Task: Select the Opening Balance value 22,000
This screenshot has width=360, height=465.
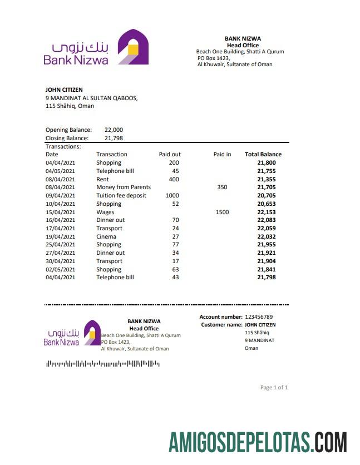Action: tap(114, 130)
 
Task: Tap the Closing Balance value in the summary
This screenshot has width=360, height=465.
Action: tap(114, 138)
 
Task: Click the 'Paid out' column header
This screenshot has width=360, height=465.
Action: tap(170, 155)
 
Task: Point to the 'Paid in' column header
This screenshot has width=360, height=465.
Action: tap(222, 155)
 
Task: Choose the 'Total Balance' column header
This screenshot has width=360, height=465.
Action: tap(263, 155)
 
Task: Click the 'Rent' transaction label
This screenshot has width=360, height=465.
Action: tap(102, 180)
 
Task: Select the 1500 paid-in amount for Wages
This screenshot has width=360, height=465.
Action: tap(222, 212)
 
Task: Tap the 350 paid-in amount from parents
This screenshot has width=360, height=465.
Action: tap(222, 187)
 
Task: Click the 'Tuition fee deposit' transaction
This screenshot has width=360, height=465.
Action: tap(121, 196)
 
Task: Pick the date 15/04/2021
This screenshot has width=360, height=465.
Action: tap(60, 212)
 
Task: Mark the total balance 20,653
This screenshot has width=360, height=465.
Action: tap(267, 204)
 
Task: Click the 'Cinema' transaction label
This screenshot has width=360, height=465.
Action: tap(106, 236)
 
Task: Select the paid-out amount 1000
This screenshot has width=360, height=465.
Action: tap(172, 196)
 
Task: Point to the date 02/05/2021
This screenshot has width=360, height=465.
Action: tap(60, 269)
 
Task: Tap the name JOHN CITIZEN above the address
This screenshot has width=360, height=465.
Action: tap(64, 90)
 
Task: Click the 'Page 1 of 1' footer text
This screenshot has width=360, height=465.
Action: tap(274, 388)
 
